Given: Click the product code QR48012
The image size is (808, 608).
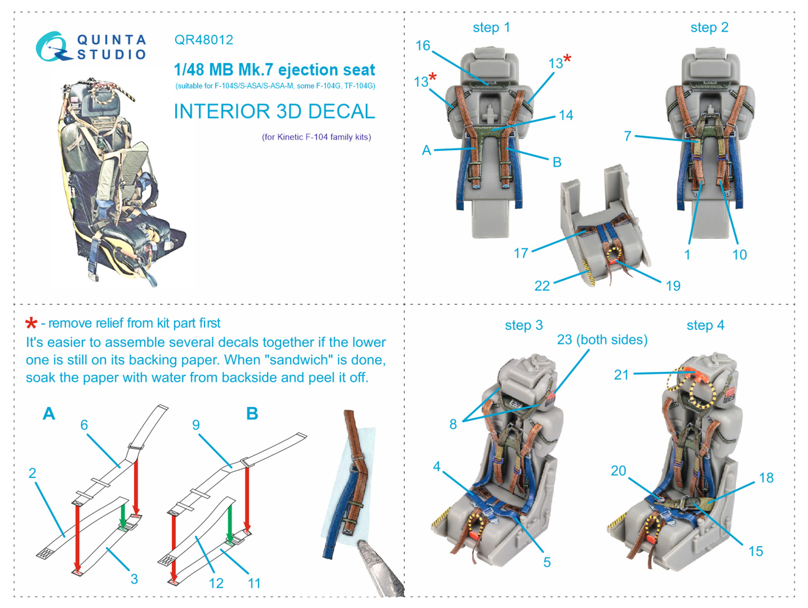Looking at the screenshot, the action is click(x=204, y=40).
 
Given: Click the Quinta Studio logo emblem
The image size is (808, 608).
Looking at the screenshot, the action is click(x=54, y=46).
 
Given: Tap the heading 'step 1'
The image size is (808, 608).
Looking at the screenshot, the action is click(x=491, y=28).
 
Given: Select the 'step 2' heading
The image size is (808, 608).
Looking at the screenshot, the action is click(x=709, y=28).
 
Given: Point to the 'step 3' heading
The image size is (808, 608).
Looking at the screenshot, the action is click(x=524, y=325).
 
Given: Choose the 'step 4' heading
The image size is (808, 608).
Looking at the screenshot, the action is click(x=705, y=325).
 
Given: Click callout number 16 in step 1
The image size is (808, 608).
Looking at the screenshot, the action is click(x=423, y=45).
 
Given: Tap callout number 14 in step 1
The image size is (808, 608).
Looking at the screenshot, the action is click(x=566, y=115).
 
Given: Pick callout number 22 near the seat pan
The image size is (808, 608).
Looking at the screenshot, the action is click(x=542, y=286).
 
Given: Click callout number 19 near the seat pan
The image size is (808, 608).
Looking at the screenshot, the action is click(x=673, y=286).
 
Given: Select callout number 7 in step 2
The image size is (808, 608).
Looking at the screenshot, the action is click(x=628, y=136).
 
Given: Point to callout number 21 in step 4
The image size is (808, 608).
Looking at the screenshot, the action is click(x=621, y=375).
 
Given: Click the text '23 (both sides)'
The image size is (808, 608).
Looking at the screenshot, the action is click(x=602, y=340).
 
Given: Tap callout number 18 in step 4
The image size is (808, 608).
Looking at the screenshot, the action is click(x=766, y=478).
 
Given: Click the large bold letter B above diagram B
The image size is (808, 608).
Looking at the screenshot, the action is click(x=252, y=413).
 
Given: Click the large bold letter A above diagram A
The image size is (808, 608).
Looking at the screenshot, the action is click(x=49, y=413).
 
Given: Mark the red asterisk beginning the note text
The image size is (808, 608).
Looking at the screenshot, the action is click(x=31, y=323).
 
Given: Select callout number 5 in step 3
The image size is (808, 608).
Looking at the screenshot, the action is click(x=547, y=562).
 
